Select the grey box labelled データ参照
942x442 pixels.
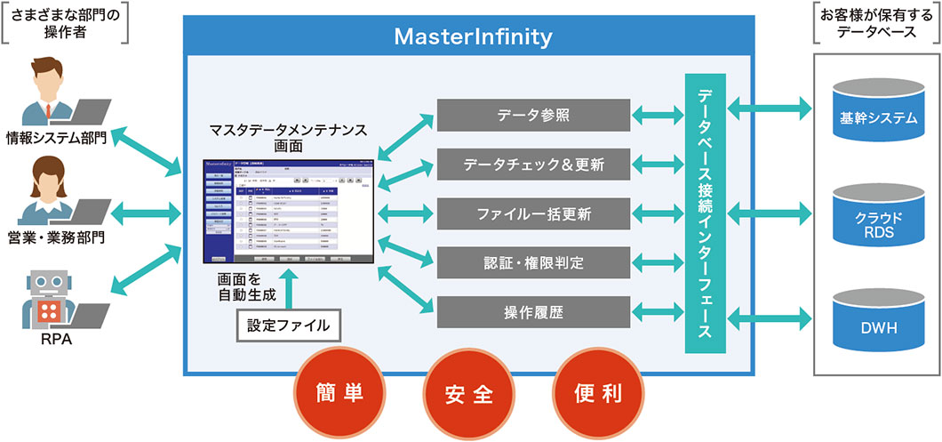tap(534, 115)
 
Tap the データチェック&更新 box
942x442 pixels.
tap(534, 165)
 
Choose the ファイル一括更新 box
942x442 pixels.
tap(534, 213)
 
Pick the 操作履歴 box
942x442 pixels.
tap(534, 312)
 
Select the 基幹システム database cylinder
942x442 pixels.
tap(878, 113)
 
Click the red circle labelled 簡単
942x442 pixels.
tap(339, 392)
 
